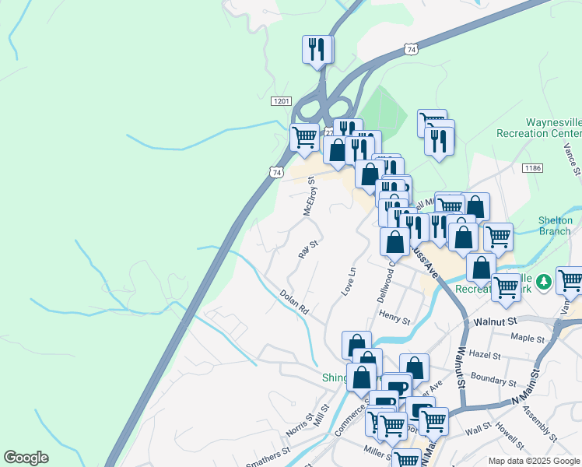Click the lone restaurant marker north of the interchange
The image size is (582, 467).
(x=317, y=50)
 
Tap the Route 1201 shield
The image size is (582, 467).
(x=282, y=102)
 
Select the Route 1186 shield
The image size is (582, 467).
(x=532, y=168)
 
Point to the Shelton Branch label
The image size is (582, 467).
(x=556, y=225)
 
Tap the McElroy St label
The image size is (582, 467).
(x=309, y=198)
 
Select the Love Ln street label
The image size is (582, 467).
(x=349, y=281)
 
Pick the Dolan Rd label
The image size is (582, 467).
(x=295, y=301)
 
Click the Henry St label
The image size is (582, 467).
(x=394, y=314)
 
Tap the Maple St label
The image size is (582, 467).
(x=528, y=338)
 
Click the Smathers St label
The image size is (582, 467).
(x=268, y=455)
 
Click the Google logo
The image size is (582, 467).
(x=26, y=458)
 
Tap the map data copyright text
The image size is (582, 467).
(x=533, y=461)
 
